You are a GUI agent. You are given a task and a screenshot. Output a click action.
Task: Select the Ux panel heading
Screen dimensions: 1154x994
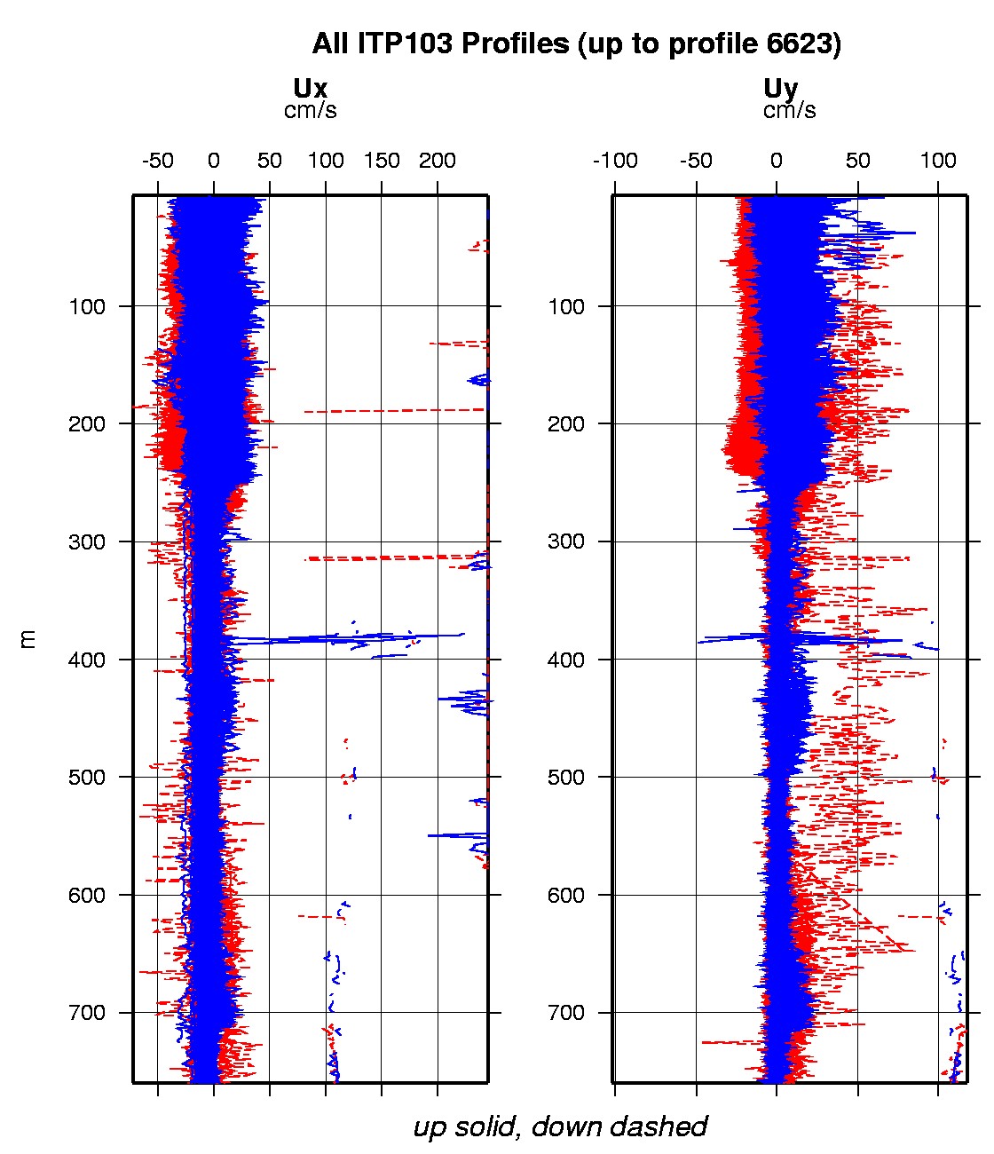[310, 89]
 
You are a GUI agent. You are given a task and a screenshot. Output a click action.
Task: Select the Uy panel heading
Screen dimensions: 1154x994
[780, 89]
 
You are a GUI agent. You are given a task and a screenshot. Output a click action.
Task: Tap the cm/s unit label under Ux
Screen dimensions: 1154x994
[310, 111]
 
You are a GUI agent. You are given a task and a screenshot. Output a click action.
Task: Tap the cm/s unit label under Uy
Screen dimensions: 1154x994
[789, 111]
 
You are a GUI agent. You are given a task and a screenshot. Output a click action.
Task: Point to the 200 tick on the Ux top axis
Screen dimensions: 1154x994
[437, 161]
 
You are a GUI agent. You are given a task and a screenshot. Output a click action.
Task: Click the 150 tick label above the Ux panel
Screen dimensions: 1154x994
[382, 161]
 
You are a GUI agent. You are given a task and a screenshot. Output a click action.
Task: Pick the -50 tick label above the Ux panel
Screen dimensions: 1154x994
[157, 161]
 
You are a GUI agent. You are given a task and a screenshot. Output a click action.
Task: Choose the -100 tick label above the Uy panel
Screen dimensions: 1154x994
[615, 161]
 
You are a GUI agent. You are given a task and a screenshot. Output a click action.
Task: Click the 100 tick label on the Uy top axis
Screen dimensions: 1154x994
[938, 161]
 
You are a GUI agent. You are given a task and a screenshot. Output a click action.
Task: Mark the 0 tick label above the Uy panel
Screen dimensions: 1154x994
[777, 161]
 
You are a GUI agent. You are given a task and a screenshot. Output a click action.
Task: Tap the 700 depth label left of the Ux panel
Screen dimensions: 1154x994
[87, 1013]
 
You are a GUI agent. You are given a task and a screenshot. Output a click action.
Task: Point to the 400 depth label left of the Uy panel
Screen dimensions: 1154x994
[566, 660]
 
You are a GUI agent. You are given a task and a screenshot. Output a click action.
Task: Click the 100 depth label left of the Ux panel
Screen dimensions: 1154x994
[87, 307]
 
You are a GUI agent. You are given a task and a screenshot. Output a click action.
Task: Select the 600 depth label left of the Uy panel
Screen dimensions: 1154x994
[566, 895]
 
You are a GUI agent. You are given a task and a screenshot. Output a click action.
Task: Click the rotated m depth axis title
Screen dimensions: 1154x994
[29, 638]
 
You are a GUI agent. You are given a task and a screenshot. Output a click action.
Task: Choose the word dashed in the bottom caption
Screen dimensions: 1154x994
[665, 1127]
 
